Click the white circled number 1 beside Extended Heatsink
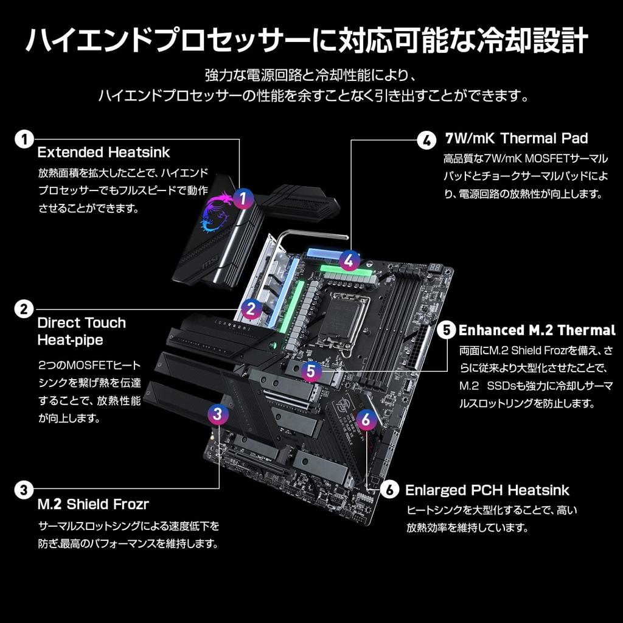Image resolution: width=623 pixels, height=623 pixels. point(24,139)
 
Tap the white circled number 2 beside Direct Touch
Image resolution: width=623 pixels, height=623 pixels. point(24,309)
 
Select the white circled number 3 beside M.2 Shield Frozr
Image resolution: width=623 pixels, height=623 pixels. point(24,489)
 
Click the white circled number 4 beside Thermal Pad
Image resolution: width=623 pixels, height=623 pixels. point(426,140)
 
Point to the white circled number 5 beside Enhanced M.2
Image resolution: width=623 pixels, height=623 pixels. point(446,330)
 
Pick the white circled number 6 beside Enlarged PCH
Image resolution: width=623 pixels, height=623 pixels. point(389,490)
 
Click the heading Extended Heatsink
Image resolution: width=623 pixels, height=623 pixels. point(104,152)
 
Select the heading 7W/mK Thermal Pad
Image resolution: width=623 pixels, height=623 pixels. point(517,138)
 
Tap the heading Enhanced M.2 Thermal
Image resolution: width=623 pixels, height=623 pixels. point(537,330)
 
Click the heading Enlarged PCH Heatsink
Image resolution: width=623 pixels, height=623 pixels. point(487,490)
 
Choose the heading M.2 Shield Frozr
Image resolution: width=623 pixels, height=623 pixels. point(93,504)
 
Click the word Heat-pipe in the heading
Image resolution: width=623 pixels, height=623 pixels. point(70,339)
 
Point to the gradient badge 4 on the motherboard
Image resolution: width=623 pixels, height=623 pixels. point(349,260)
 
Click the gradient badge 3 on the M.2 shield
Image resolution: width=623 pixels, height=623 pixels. point(219,414)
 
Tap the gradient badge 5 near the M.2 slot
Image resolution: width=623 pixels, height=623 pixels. point(311,371)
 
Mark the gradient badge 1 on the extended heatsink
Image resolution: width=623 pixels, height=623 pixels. point(243,198)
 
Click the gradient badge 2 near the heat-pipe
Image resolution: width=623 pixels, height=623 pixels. point(251,309)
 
